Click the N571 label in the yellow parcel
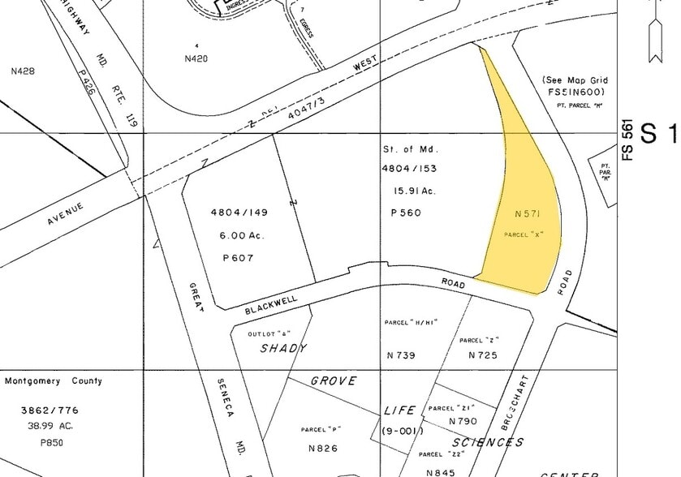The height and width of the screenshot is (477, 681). tap(528, 214)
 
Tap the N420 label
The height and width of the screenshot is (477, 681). tap(196, 58)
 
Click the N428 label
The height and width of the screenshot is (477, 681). tap(23, 71)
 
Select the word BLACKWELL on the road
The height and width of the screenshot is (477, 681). tap(270, 304)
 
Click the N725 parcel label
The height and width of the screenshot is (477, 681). tap(482, 355)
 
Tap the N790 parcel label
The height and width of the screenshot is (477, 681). tap(463, 422)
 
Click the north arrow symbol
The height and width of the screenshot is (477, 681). tap(656, 32)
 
